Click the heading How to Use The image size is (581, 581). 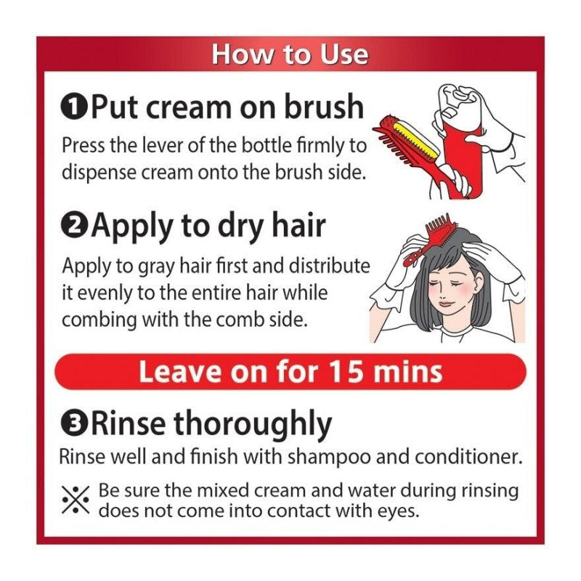[290, 54]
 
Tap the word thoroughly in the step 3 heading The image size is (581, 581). [252, 424]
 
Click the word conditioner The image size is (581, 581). [468, 456]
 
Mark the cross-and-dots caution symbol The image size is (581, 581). [76, 500]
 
